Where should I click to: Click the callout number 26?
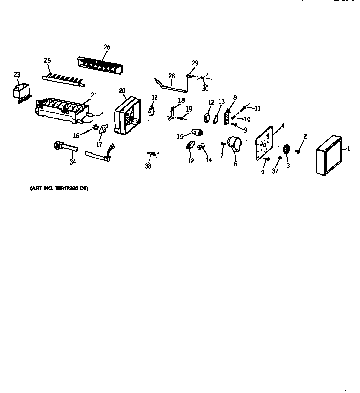[107, 47]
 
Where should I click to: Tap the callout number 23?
[17, 75]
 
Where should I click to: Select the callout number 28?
[172, 76]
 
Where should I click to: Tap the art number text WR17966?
[59, 188]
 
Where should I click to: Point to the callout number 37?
[275, 171]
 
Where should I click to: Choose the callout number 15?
[180, 136]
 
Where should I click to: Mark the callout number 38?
[148, 166]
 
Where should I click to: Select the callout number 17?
[99, 145]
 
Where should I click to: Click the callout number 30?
[205, 88]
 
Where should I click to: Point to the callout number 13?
[222, 101]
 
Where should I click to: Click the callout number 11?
[257, 108]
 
